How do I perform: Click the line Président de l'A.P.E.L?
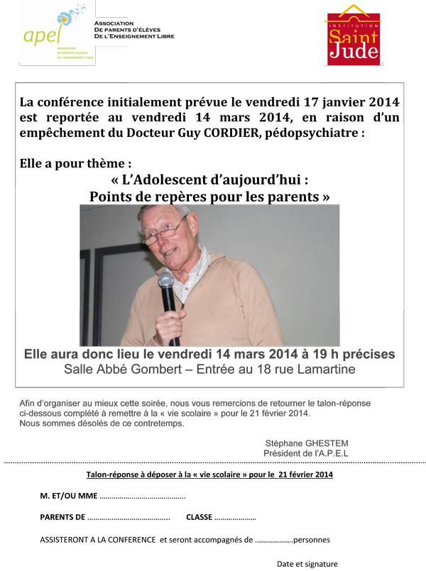[306, 453]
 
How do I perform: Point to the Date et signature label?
[307, 564]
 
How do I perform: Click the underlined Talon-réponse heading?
[209, 475]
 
